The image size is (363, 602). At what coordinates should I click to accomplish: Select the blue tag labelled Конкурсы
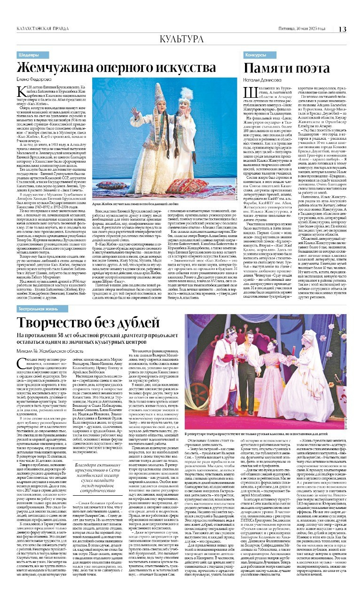[255, 55]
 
